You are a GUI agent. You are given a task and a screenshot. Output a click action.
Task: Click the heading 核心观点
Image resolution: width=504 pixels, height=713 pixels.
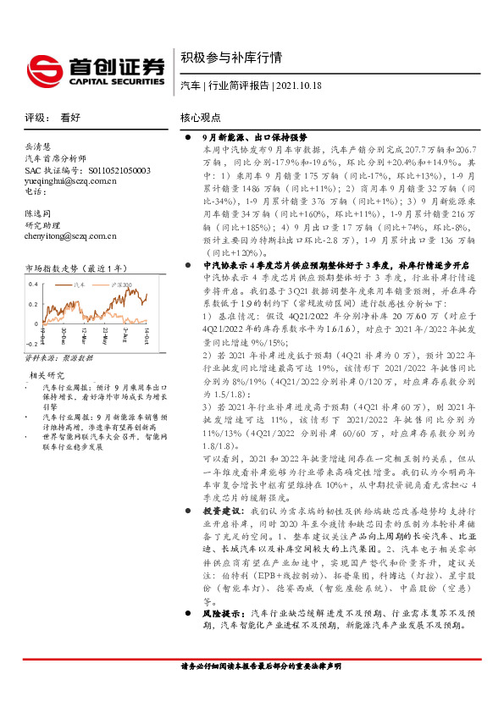coord(200,118)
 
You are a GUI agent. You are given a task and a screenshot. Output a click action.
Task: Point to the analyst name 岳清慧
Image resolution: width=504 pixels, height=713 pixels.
coord(41,146)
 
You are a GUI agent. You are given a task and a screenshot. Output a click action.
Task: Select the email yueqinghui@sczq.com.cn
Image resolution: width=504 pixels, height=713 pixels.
coord(71,181)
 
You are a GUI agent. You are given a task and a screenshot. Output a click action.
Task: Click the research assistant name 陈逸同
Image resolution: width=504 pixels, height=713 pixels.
coord(41,214)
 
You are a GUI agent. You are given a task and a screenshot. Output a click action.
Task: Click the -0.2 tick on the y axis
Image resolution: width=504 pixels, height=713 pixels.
coord(30,344)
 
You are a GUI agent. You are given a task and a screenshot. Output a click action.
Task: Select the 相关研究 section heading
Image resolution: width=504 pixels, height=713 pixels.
coord(47,374)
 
